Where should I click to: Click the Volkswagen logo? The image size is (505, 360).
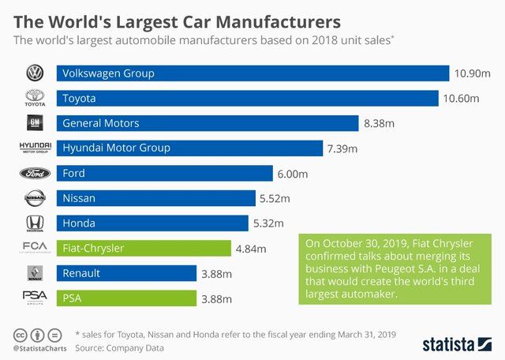[x=34, y=73]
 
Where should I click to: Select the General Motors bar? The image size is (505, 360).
[x=207, y=123]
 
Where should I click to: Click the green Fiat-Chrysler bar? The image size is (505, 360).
[x=144, y=249]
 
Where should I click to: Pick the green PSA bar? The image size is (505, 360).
[x=126, y=298]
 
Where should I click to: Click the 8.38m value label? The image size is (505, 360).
[x=380, y=124]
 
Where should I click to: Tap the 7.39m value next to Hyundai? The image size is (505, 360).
[x=342, y=148]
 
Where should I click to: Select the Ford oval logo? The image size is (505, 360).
[x=34, y=174]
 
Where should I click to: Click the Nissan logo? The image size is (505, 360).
[x=34, y=198]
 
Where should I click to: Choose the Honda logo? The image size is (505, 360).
[x=34, y=223]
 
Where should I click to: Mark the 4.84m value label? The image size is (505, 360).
[x=251, y=249]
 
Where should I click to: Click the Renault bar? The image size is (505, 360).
[x=126, y=273]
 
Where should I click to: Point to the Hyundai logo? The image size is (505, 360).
[x=34, y=148]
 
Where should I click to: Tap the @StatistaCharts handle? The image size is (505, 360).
[x=37, y=347]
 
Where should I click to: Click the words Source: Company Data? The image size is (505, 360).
[x=121, y=347]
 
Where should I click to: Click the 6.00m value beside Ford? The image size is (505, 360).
[x=292, y=174]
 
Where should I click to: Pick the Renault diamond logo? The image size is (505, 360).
[x=34, y=273]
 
